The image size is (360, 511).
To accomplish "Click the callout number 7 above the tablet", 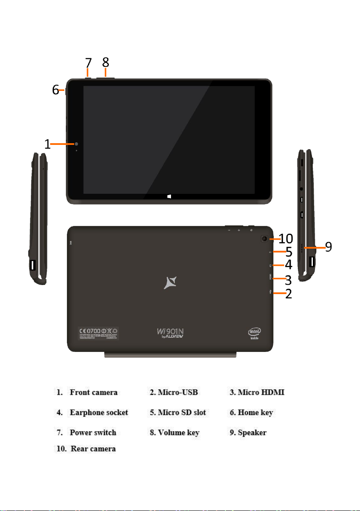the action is click(x=88, y=63).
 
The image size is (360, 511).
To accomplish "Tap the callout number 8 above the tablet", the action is click(x=106, y=62).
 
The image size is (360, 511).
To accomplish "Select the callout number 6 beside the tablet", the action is click(x=55, y=90).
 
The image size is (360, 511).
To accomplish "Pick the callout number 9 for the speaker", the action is click(x=328, y=247).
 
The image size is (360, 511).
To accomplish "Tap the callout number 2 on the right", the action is click(x=288, y=294).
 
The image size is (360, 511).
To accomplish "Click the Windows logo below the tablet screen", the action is click(x=170, y=197).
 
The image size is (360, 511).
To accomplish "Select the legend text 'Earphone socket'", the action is click(x=99, y=412).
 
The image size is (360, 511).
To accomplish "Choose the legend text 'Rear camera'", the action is click(x=93, y=449).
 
